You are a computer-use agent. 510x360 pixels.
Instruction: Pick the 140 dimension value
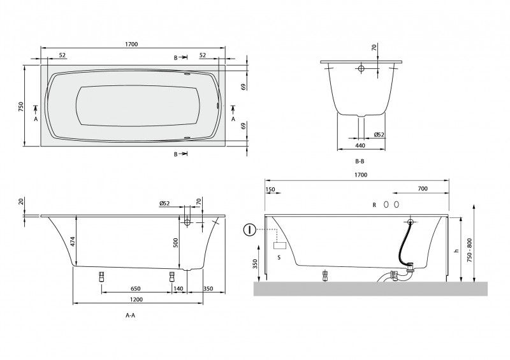click(179, 288)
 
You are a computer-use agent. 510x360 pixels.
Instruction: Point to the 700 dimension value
click(422, 189)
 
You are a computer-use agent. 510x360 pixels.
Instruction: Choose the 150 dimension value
click(270, 189)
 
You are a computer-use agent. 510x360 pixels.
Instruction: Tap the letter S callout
click(279, 257)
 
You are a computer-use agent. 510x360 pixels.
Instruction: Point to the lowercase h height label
click(456, 251)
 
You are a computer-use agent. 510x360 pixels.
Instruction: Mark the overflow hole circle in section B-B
click(360, 68)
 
